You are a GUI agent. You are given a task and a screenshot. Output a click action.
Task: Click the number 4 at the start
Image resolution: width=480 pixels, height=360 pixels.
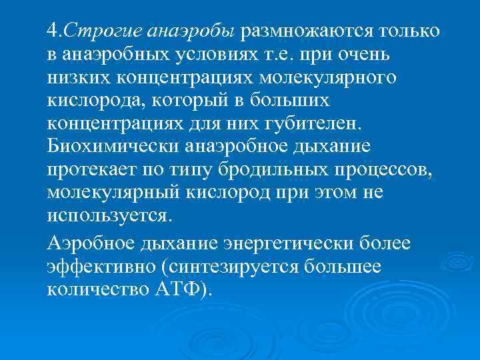[52, 31]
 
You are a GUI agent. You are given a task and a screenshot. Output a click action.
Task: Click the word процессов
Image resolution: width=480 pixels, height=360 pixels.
[388, 171]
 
